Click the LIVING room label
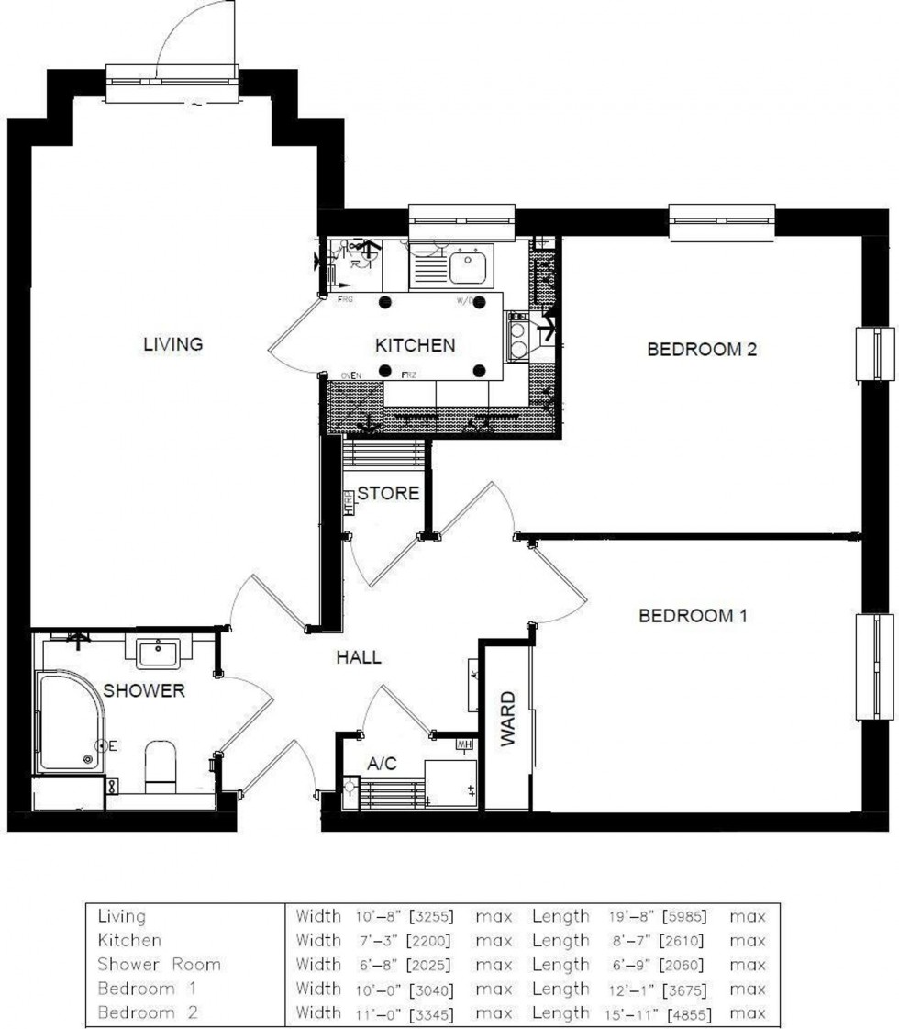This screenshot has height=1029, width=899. tap(172, 344)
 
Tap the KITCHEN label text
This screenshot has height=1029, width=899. tap(415, 345)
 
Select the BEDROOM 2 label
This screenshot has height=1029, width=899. tap(702, 350)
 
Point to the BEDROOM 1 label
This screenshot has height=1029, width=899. tap(693, 616)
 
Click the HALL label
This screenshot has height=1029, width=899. tap(358, 657)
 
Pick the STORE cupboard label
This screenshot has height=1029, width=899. tap(388, 493)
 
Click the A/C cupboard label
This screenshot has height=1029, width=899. tap(382, 763)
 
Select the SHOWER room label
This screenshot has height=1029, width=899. tap(143, 690)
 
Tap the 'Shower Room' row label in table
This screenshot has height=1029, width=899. tap(159, 965)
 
